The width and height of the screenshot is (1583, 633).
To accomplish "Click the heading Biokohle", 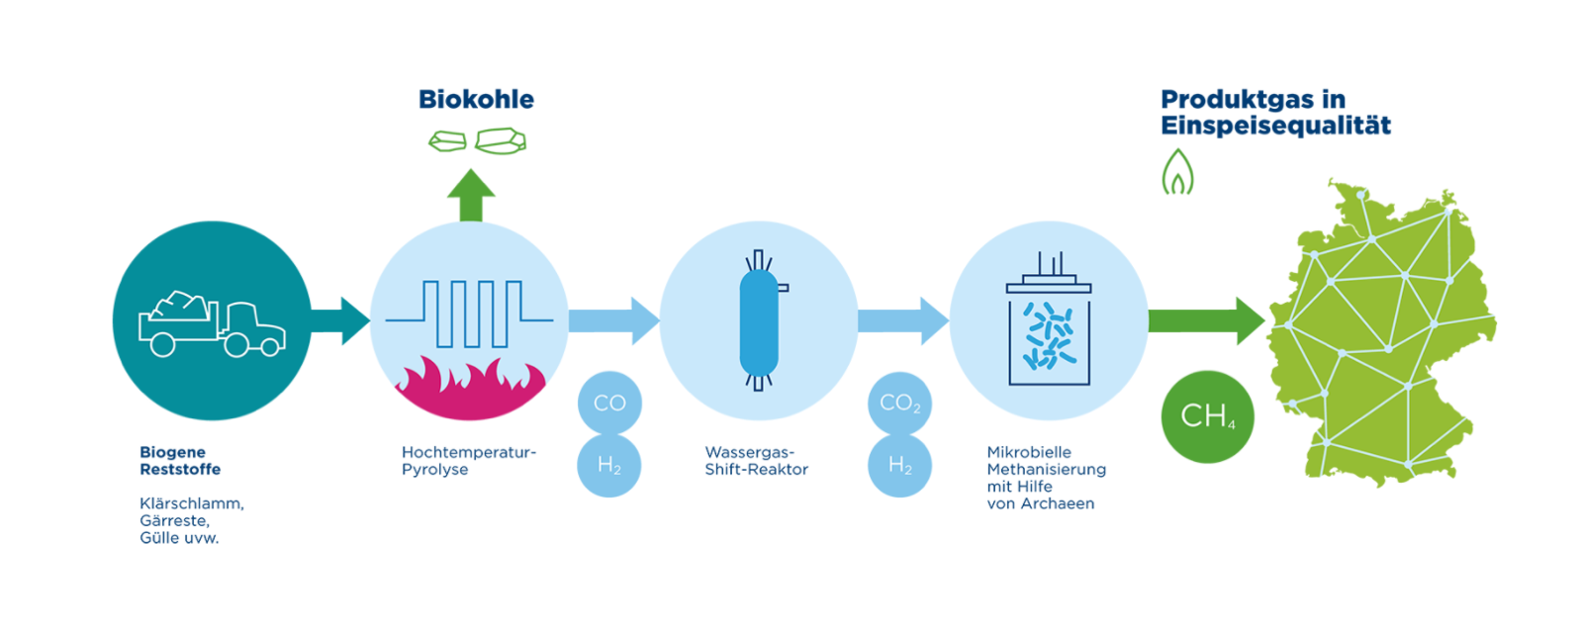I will pyautogui.click(x=476, y=100).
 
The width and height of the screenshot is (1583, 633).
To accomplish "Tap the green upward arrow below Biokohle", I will pyautogui.click(x=471, y=195).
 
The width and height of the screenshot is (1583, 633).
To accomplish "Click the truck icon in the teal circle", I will pyautogui.click(x=212, y=322).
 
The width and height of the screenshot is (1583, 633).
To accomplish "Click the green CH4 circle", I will pyautogui.click(x=1207, y=416).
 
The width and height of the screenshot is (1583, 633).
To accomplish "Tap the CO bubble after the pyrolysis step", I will pyautogui.click(x=609, y=404).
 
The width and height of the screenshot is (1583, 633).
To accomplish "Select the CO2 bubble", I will pyautogui.click(x=899, y=404).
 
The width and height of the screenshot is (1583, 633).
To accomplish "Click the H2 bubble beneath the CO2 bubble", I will pyautogui.click(x=899, y=465).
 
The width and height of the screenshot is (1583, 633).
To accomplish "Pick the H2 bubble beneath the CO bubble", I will pyautogui.click(x=609, y=465).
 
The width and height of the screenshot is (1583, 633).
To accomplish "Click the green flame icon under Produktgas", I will pyautogui.click(x=1177, y=172).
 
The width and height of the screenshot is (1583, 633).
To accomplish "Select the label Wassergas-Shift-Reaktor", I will pyautogui.click(x=756, y=461).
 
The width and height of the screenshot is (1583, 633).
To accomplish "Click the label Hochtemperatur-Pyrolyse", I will pyautogui.click(x=468, y=461).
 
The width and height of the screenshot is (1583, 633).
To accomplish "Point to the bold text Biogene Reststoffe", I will pyautogui.click(x=179, y=461).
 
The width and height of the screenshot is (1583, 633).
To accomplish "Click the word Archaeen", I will pyautogui.click(x=1057, y=503).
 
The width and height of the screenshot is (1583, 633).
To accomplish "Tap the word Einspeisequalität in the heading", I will pyautogui.click(x=1275, y=126).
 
